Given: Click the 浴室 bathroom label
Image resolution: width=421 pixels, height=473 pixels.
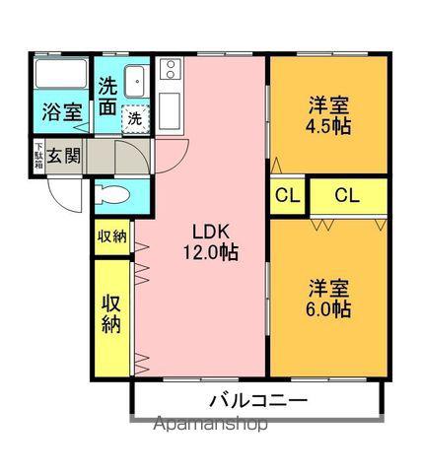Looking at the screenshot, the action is point(62,112).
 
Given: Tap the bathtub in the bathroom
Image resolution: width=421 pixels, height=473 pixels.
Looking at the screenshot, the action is point(61,74).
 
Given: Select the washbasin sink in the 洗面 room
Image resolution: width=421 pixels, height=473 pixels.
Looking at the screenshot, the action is point(134,81).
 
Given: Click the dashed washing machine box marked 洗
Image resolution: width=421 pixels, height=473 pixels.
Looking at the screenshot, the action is point(135,118).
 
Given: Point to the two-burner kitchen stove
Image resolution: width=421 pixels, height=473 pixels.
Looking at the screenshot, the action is point(170,69).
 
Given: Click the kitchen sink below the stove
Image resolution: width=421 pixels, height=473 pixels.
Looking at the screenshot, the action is point(170,110).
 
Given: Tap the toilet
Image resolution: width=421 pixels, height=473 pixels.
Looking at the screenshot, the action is point(111,195).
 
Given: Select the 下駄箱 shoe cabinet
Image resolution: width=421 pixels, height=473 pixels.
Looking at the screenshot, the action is point(38,156).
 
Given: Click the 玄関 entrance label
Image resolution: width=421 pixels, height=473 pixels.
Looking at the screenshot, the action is point(64,156).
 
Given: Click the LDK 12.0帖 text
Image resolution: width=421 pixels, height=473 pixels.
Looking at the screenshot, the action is point(210,242).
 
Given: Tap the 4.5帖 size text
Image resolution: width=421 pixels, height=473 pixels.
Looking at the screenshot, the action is point(328,126).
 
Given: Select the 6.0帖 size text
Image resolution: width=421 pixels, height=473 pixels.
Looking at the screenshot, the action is point(328,308).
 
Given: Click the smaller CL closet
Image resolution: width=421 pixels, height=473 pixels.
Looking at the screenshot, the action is point(288,196).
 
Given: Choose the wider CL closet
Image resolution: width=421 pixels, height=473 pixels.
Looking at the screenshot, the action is point(349,196).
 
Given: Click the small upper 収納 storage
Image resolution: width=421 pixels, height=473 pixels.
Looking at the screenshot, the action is point(112,236).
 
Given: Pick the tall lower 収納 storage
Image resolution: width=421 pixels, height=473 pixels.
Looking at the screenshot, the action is point(112,318).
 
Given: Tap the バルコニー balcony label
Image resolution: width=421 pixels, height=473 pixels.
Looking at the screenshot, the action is point(258,401).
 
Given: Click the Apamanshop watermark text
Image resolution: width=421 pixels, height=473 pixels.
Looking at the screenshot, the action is point(211,424).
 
